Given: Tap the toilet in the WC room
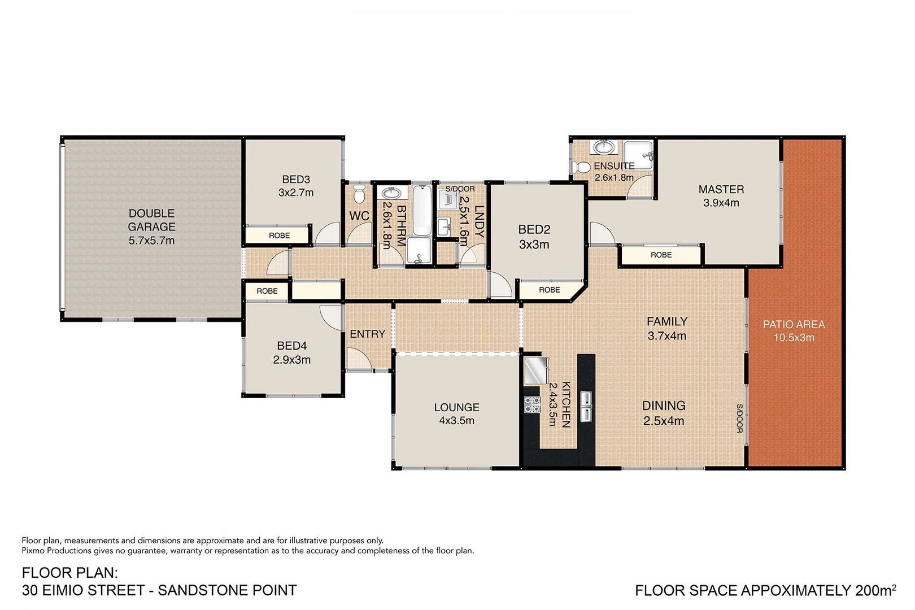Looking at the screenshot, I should [x=359, y=195].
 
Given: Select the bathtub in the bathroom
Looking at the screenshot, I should [x=421, y=210].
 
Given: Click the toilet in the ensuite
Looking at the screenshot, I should [x=580, y=168].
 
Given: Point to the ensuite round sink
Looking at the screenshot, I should [x=604, y=147].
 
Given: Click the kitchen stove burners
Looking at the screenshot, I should [x=532, y=404].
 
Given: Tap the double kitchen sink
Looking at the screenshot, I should [x=586, y=407].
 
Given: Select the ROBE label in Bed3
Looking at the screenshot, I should [x=279, y=236].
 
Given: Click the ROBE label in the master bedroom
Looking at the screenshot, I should [x=661, y=255].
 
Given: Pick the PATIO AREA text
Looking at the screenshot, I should [x=794, y=324].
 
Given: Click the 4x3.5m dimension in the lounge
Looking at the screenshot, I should [x=456, y=421].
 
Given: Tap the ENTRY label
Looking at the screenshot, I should [x=367, y=334].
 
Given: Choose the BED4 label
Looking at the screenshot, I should [x=291, y=346].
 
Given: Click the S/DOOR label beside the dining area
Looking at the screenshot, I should [x=739, y=419].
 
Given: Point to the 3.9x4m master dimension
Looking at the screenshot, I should [x=721, y=203].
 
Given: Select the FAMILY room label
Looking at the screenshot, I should [x=667, y=321].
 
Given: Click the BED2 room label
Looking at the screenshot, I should [x=534, y=229].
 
